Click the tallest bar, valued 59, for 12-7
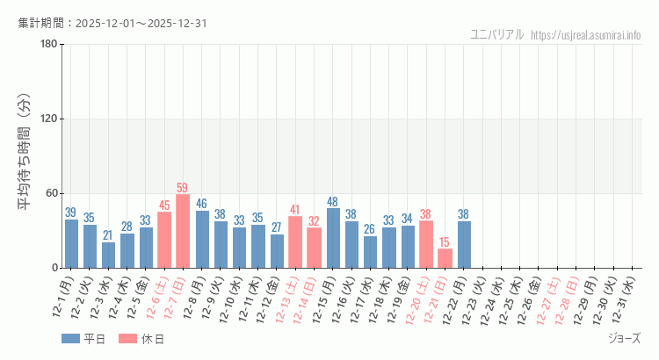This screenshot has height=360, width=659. [183, 231]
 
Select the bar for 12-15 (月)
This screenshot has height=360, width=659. [333, 238]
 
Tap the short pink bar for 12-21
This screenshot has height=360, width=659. [445, 258]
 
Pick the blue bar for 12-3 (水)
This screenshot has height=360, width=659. [108, 255]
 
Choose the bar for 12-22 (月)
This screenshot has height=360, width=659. [464, 244]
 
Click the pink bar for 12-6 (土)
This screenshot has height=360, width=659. [164, 240]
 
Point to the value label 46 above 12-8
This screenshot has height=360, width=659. [201, 204]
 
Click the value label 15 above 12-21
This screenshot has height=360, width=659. [445, 241]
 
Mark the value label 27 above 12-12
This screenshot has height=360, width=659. [277, 227]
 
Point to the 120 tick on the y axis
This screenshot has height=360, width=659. [49, 119]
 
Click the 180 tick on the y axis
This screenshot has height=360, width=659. [49, 45]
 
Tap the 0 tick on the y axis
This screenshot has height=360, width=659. [54, 268]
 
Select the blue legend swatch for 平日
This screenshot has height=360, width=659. [70, 338]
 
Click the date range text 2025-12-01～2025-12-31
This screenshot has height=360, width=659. [142, 23]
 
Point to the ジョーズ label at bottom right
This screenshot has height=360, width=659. [624, 338]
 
